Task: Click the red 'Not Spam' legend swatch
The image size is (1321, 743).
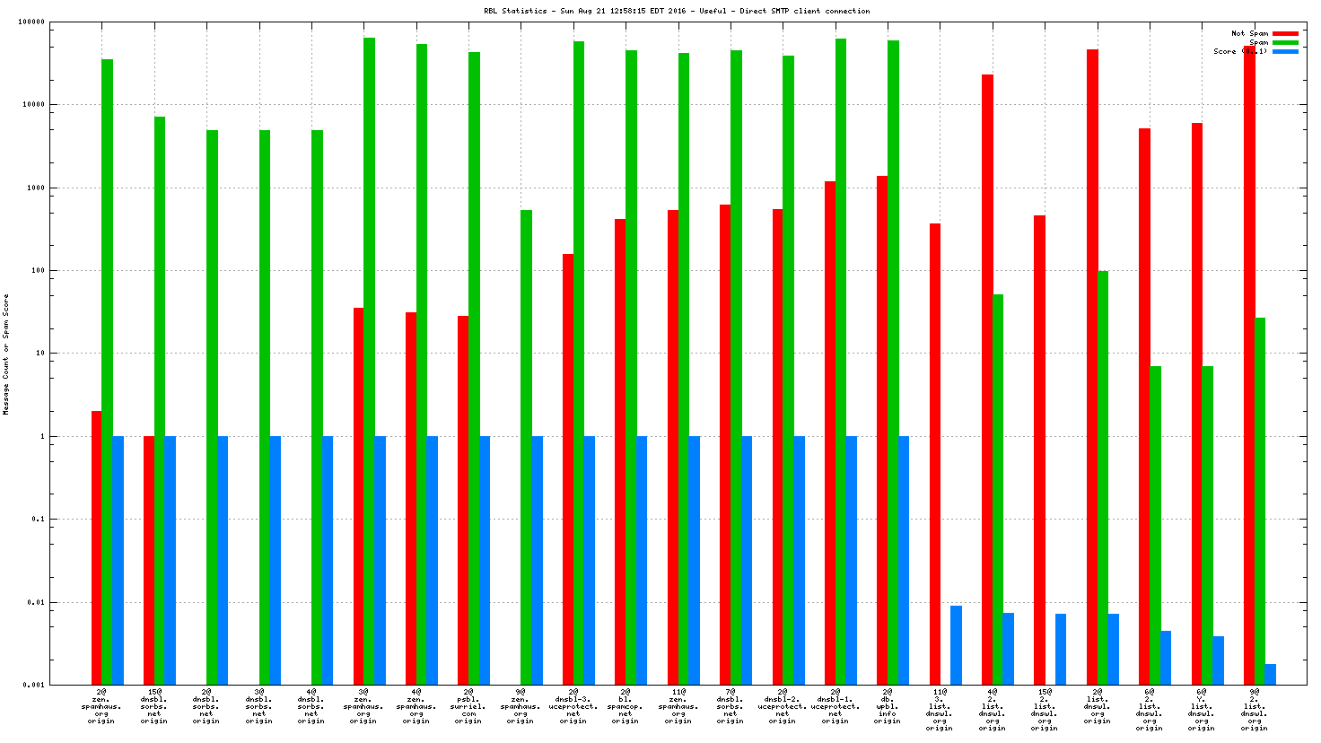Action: (x=1285, y=33)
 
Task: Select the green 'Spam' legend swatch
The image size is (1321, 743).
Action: (x=1285, y=42)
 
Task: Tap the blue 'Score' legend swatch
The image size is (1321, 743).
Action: (x=1285, y=51)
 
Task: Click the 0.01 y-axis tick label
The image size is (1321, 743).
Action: (x=35, y=602)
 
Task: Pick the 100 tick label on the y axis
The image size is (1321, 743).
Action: (x=37, y=270)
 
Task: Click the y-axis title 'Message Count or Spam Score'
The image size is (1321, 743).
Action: (x=6, y=354)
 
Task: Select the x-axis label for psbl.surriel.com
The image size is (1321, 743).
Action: (x=468, y=706)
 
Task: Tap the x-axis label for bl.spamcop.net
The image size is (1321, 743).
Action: (x=626, y=706)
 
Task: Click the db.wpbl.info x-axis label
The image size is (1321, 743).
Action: (x=888, y=706)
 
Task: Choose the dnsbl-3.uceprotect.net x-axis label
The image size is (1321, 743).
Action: (x=573, y=706)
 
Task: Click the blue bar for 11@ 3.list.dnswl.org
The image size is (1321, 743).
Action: (x=956, y=645)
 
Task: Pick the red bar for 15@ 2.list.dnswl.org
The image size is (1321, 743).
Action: (x=1039, y=450)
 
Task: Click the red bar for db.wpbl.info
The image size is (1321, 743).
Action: (x=882, y=430)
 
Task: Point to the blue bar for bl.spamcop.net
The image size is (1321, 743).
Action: (x=642, y=560)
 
